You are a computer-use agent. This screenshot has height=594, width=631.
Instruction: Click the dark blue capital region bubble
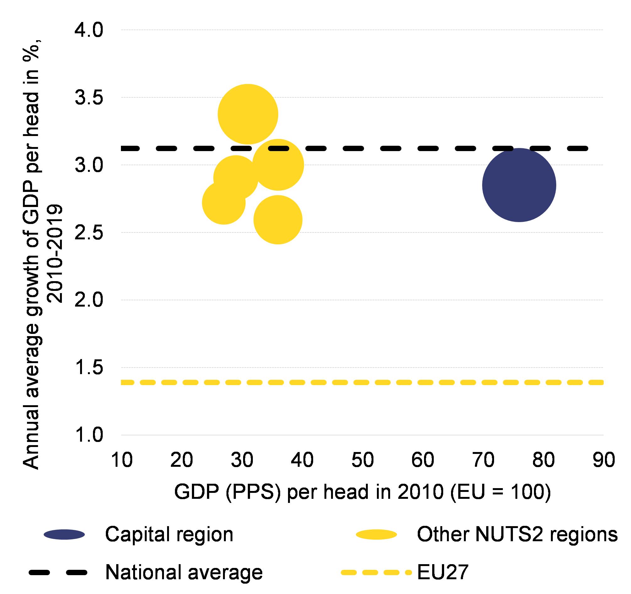pos(519,185)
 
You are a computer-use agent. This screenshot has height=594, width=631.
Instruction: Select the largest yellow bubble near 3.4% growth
pos(248,114)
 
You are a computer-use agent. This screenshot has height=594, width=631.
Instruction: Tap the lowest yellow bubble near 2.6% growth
pos(278,220)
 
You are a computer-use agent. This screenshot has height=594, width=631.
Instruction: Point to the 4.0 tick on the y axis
pos(89,30)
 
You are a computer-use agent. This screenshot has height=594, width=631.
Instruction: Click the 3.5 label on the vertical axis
pos(89,98)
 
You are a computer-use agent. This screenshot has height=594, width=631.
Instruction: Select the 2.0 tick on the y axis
pos(89,300)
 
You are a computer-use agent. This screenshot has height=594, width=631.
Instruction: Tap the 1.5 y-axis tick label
pos(89,368)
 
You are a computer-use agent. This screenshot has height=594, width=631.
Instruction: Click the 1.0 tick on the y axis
pos(89,435)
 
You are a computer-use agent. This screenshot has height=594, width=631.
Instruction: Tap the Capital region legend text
pos(169,534)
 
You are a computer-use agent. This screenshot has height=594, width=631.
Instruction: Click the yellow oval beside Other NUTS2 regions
pos(376,535)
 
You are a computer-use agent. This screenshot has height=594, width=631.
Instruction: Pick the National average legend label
pos(184,572)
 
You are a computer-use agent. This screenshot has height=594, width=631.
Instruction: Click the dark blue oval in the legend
pos(64,535)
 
